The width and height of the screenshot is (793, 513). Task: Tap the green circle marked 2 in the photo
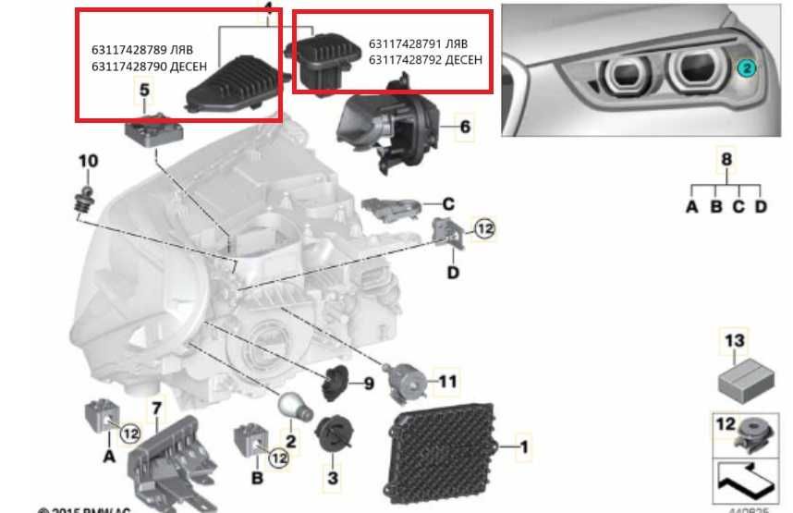pyautogui.click(x=746, y=67)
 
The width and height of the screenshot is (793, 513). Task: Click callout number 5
pyautogui.click(x=144, y=90)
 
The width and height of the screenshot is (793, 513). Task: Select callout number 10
pyautogui.click(x=87, y=162)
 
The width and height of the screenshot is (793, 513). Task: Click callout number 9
pyautogui.click(x=367, y=383)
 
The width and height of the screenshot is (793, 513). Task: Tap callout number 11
pyautogui.click(x=447, y=381)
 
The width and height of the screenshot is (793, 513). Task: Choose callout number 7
pyautogui.click(x=156, y=408)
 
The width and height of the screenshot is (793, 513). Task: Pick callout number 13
pyautogui.click(x=734, y=342)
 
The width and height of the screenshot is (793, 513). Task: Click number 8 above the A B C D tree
pyautogui.click(x=726, y=160)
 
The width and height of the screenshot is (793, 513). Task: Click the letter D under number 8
pyautogui.click(x=760, y=207)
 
